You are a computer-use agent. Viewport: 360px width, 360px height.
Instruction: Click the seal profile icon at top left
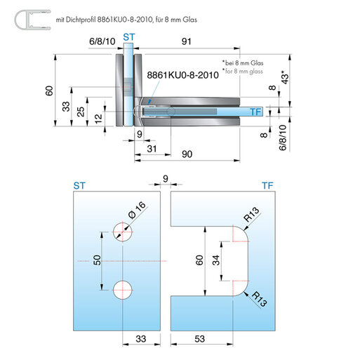coord(32,20)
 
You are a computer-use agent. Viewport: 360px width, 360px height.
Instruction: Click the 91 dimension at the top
coord(187,41)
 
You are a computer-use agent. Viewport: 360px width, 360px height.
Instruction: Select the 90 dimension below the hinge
coord(187,154)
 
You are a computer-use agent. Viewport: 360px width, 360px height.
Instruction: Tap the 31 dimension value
coord(152,149)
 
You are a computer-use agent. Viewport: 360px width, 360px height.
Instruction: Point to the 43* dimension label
coord(286,77)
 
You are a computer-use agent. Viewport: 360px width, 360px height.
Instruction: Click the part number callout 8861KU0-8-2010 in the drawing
coord(182,75)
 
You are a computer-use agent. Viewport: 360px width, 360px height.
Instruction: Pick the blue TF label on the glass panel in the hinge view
coord(255,112)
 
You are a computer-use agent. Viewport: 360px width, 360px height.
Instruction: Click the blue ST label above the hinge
coord(129,37)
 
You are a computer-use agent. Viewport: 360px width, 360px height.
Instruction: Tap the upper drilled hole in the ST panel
coord(123,232)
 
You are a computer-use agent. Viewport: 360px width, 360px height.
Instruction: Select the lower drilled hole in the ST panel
coord(123,290)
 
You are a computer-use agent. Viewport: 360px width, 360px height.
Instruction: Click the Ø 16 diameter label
coord(137,210)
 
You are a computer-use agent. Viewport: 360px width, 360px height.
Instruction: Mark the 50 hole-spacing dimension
coord(97,260)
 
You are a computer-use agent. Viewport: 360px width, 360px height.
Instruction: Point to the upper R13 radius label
coord(251,215)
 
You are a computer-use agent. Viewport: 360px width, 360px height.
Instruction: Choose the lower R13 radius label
coord(259,299)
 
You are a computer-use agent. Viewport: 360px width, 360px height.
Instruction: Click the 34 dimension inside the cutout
coord(216,260)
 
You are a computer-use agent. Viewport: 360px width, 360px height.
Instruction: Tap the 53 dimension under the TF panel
coord(199,339)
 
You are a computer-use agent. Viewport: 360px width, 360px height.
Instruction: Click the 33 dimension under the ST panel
coord(141,339)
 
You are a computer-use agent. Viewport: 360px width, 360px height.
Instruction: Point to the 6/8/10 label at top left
coord(102,41)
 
